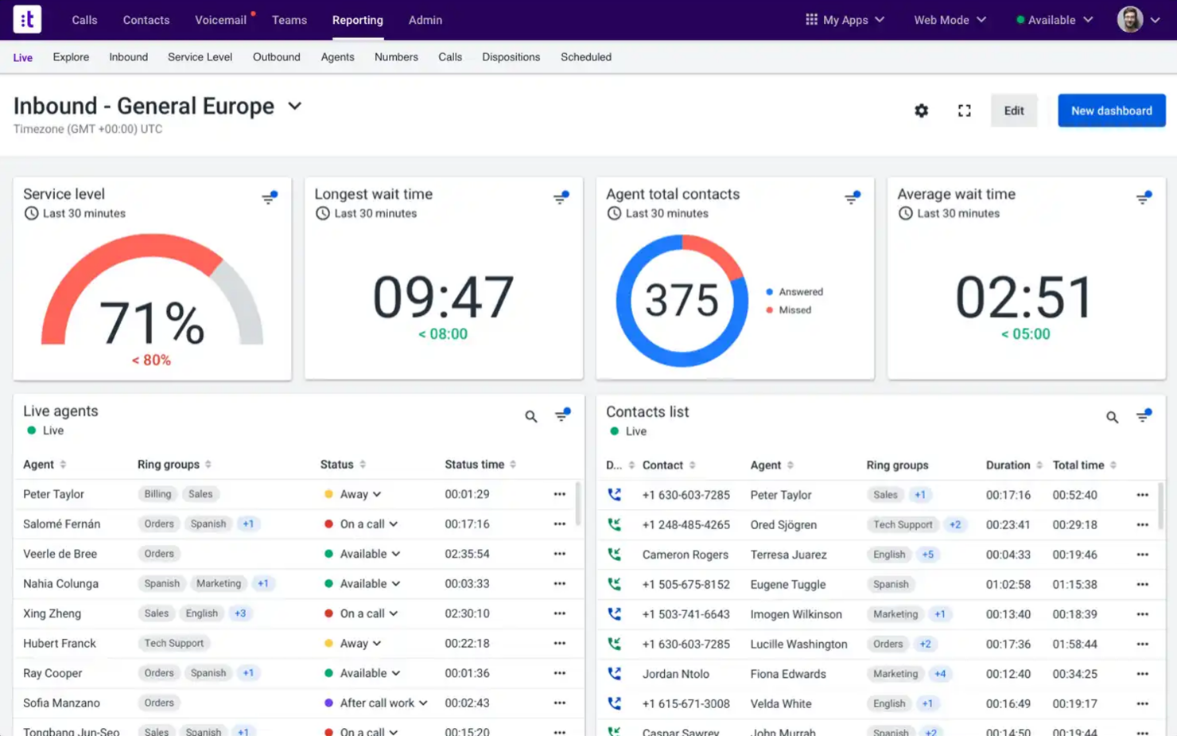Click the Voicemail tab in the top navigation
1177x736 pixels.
click(x=220, y=20)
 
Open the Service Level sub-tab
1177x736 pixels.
click(x=200, y=57)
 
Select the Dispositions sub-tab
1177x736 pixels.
click(x=511, y=57)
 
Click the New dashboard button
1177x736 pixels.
click(x=1111, y=111)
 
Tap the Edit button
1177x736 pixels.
click(x=1013, y=111)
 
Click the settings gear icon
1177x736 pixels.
click(x=921, y=111)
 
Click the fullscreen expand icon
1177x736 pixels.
click(x=964, y=111)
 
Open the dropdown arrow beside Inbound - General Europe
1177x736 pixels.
click(x=295, y=106)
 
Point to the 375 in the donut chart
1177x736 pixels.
click(x=682, y=301)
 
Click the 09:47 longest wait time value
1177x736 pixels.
click(x=443, y=297)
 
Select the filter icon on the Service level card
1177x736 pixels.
click(x=270, y=197)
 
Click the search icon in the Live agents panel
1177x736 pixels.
click(x=531, y=416)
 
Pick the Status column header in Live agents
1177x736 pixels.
click(x=337, y=465)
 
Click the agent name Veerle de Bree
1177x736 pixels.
click(x=60, y=554)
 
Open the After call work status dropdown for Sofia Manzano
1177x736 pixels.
click(x=423, y=703)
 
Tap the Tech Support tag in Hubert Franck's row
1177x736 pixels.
click(x=173, y=644)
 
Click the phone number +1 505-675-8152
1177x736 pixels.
click(x=686, y=584)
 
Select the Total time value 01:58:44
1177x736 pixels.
click(x=1074, y=644)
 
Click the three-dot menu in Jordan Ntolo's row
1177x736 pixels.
click(x=1142, y=674)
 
